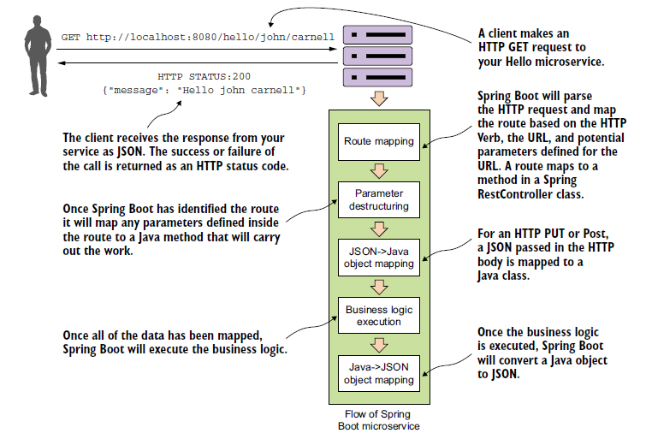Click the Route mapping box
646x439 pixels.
pyautogui.click(x=378, y=141)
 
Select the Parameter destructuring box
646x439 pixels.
pyautogui.click(x=378, y=199)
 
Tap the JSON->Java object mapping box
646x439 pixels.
pyautogui.click(x=378, y=258)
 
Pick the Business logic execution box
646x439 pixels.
pyautogui.click(x=378, y=316)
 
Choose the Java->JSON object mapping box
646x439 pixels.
pyautogui.click(x=378, y=373)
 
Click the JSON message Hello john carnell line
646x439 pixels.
pyautogui.click(x=203, y=90)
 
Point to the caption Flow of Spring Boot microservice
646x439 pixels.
pyautogui.click(x=378, y=420)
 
